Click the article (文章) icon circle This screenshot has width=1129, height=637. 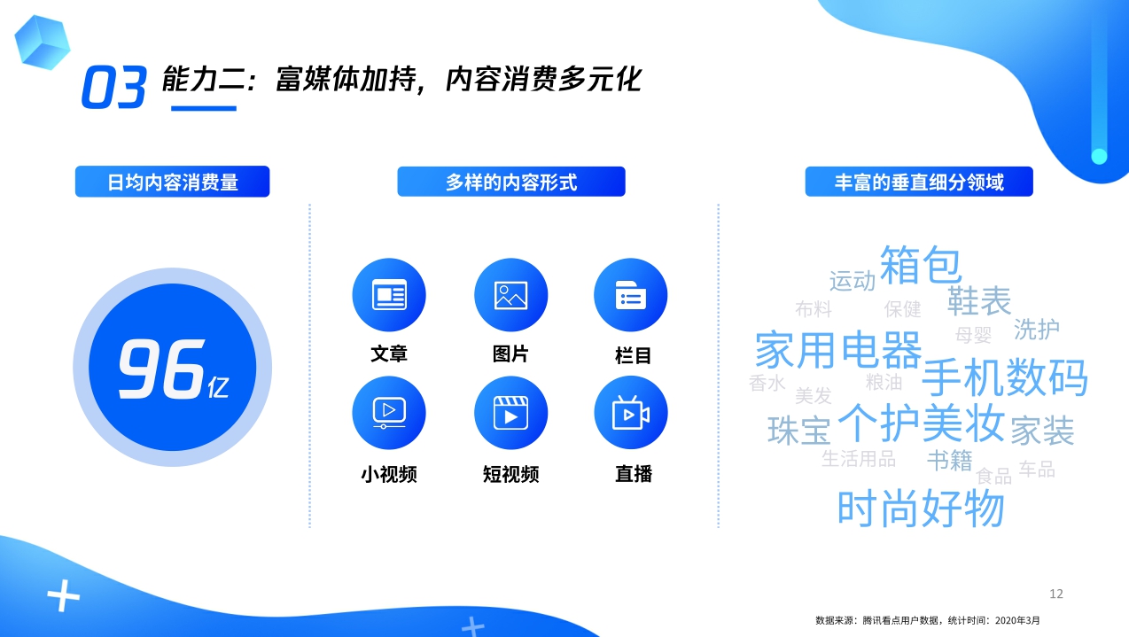coord(389,295)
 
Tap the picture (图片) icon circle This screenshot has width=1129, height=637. coord(510,295)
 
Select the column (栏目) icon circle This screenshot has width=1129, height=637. coord(630,295)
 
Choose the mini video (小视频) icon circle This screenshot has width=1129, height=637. coord(389,413)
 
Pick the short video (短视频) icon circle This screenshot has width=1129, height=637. coord(510,413)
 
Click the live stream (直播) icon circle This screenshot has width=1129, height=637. coord(630,413)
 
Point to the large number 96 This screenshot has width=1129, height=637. coord(160,370)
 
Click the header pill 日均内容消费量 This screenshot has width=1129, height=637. coord(172,183)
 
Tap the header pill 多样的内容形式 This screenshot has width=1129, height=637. coord(511,183)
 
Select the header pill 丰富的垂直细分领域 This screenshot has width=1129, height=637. coord(919,183)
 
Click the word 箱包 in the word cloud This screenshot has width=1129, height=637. coord(920,265)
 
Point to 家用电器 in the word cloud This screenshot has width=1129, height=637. coord(837,349)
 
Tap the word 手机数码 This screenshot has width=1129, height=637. coord(1004,378)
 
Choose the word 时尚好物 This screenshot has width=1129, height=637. coord(921,509)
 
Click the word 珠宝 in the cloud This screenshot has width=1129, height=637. coord(798,431)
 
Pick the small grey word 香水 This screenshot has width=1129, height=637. coord(767,384)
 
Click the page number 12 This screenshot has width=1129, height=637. coord(1055,594)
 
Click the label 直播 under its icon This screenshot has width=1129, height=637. coord(634,474)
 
